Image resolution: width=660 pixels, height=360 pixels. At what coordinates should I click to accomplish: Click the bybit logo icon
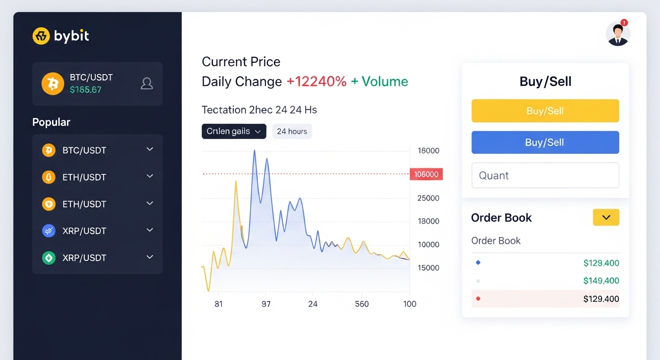41,36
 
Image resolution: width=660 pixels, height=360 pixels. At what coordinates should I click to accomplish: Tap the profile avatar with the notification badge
618,34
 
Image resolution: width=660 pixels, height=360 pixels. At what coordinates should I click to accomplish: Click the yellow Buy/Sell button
545,111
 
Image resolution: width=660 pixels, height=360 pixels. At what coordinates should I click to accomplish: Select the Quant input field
545,175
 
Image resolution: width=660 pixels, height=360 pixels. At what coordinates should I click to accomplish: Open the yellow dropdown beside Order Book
606,217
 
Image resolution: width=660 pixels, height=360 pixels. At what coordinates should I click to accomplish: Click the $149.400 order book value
601,281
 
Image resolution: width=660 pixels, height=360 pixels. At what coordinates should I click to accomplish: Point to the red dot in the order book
478,299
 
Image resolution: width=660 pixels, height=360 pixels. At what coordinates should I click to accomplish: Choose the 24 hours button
292,131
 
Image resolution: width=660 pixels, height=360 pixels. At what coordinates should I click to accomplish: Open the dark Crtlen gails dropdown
233,131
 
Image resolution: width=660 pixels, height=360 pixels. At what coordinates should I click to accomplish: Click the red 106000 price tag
426,174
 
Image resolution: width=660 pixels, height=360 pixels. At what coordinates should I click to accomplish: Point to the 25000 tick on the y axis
428,198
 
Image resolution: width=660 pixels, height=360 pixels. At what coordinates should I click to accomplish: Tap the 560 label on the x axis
362,304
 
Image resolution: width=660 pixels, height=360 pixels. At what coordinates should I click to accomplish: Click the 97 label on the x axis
266,304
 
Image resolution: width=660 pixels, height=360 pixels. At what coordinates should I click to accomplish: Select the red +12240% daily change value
316,82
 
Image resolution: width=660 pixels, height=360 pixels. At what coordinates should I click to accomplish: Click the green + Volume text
379,82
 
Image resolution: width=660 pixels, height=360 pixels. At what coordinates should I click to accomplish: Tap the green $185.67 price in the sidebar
85,90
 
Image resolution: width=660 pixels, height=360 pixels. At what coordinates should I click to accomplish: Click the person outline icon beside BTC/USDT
147,83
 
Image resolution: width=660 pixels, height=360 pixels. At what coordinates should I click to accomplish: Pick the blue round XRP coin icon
49,231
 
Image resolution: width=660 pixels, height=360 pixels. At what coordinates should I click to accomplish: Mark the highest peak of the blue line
255,151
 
